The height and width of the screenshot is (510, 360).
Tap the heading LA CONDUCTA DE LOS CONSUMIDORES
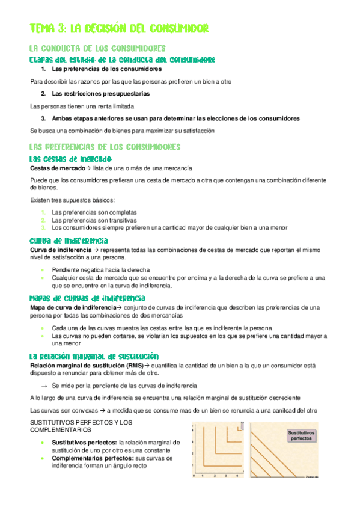tap(98, 48)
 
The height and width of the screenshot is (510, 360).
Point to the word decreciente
tap(281, 398)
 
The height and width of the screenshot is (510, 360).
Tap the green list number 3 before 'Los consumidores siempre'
tap(43, 227)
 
